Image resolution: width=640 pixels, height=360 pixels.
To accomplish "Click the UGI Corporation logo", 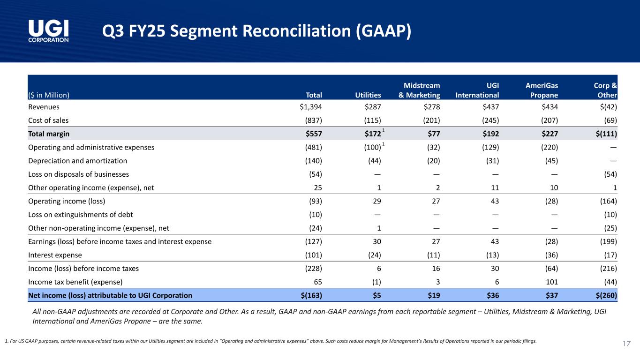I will tap(49, 31).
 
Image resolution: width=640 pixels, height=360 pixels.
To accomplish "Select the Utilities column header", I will tap(368, 95).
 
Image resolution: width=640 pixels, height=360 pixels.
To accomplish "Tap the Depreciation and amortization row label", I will tap(78, 161).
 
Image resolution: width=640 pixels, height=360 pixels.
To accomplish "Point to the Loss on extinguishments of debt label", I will tap(81, 215).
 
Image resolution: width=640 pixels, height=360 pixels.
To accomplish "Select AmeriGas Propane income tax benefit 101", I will tap(551, 282).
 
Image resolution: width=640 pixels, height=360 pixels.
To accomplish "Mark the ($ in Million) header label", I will tap(49, 95).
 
